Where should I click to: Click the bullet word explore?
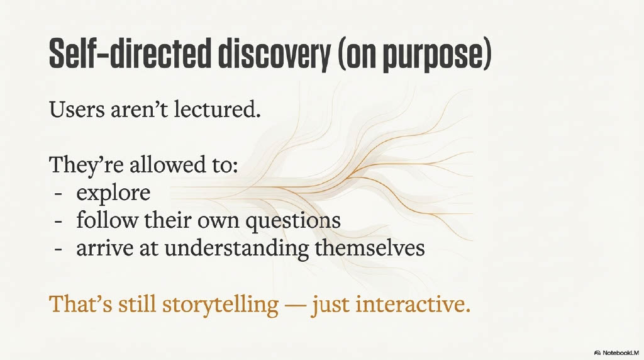[113, 193]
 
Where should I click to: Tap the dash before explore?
[58, 194]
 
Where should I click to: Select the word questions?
[293, 221]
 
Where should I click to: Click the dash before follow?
[58, 222]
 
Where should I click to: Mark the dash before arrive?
[58, 249]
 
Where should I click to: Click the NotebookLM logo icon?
[597, 352]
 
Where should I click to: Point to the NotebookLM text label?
[621, 352]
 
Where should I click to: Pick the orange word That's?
[80, 305]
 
